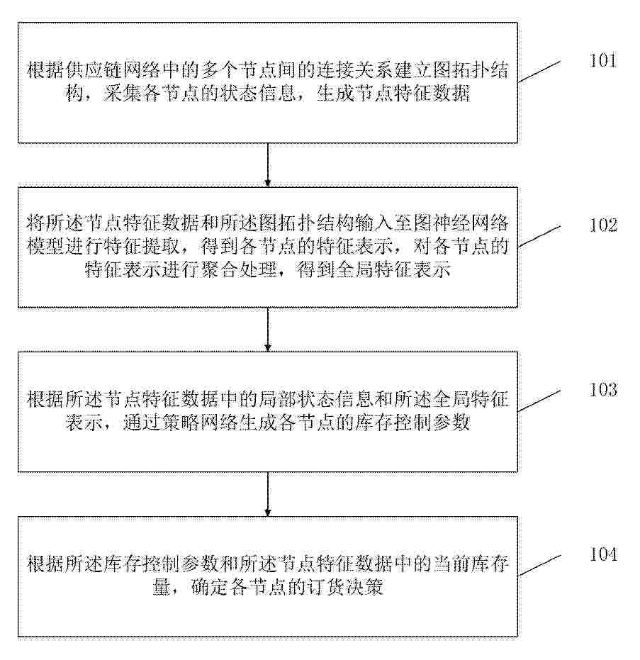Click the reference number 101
point(603,61)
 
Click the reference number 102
point(603,225)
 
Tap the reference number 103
point(603,390)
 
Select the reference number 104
point(603,554)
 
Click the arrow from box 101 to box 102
point(268,165)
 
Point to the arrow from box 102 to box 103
point(268,330)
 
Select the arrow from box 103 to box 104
point(268,494)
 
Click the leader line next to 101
point(539,72)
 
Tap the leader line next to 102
point(539,236)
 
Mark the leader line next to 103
point(539,401)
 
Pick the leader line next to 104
point(539,565)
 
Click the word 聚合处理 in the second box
point(239,269)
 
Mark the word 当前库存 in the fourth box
point(471,564)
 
